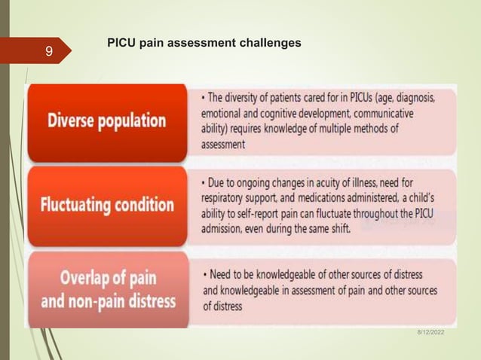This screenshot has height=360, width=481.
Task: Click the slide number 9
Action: (48, 52)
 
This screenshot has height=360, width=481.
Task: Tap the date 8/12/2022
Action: (430, 332)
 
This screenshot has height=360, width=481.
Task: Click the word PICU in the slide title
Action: (122, 43)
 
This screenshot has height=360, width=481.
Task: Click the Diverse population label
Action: (107, 121)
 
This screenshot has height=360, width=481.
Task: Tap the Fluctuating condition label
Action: (107, 205)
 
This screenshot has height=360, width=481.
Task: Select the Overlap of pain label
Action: (107, 278)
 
